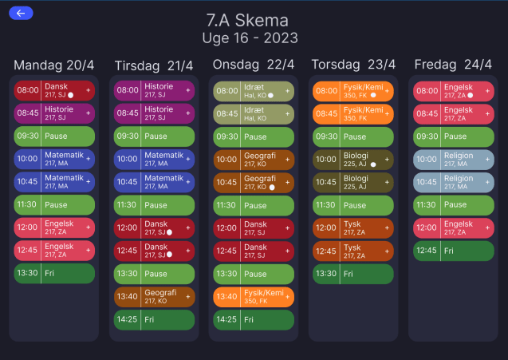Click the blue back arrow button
tap(20, 13)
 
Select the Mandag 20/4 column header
tap(53, 65)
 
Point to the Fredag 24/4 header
tap(452, 65)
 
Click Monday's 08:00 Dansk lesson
tap(54, 90)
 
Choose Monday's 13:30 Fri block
tap(54, 273)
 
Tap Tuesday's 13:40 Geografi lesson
tap(154, 297)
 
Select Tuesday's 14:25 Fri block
tap(154, 320)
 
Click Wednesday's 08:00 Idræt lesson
tap(254, 91)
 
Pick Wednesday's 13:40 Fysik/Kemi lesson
tap(254, 297)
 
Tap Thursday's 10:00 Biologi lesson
tap(353, 160)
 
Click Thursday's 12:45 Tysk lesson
tap(353, 251)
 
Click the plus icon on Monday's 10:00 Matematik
tap(88, 160)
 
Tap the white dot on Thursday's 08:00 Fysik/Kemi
tap(372, 95)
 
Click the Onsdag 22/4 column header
tap(254, 65)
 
